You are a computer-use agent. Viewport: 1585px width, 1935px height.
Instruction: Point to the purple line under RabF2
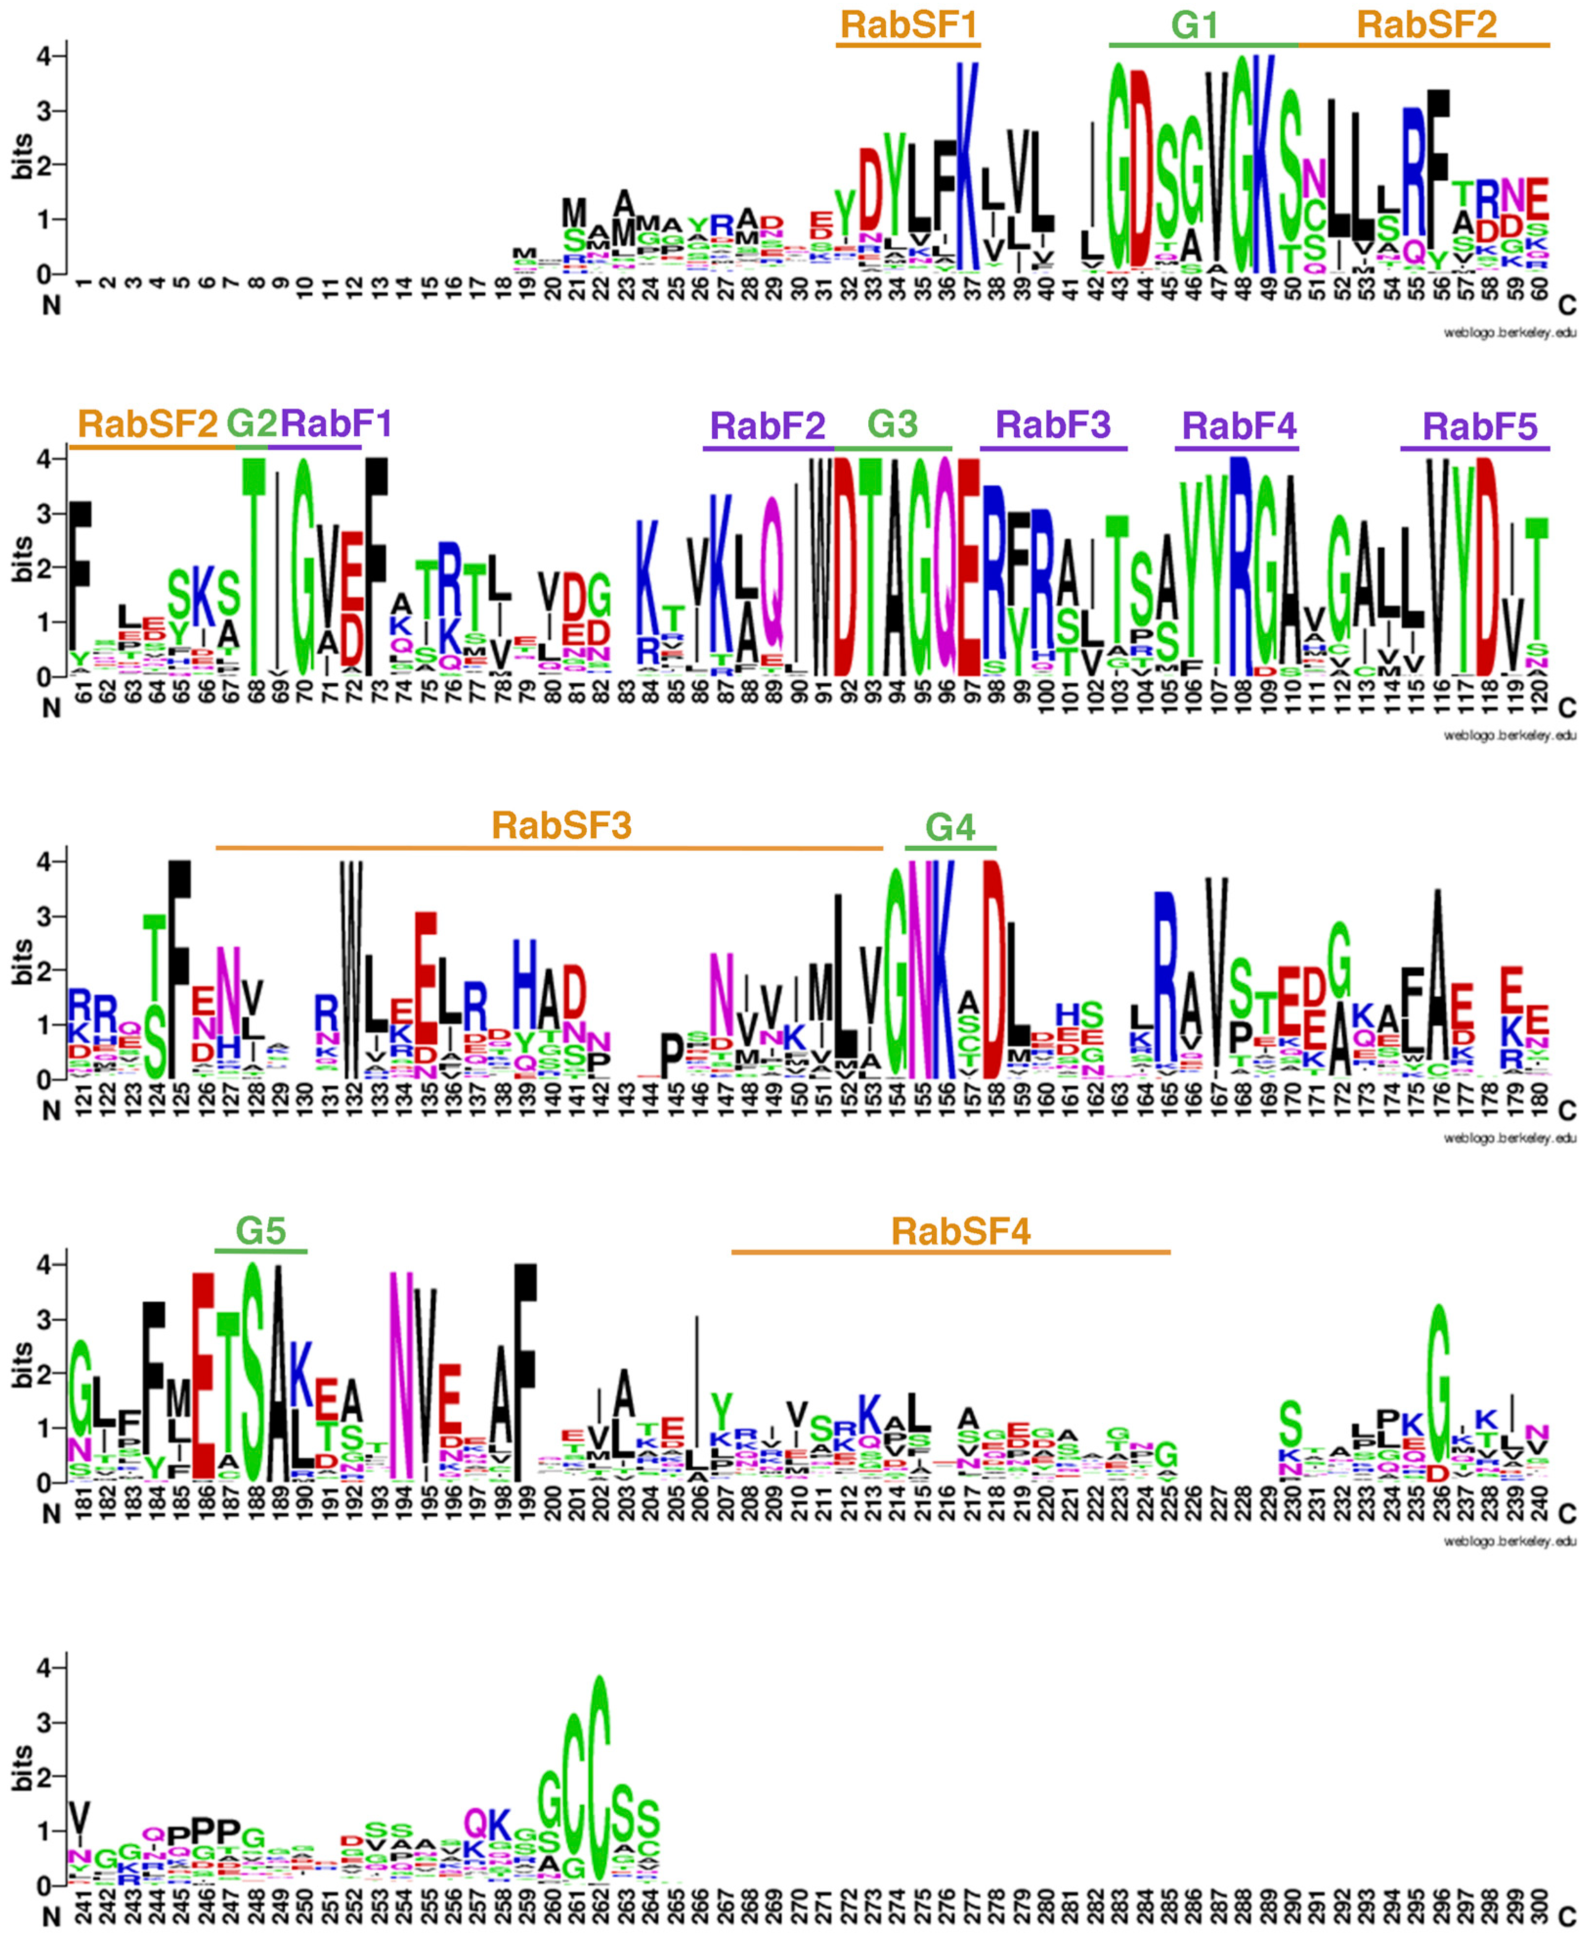click(x=768, y=449)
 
